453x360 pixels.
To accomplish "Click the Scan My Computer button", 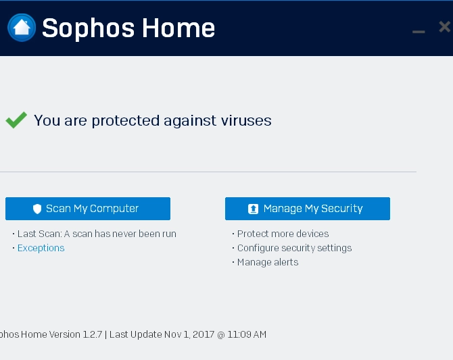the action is (x=88, y=209).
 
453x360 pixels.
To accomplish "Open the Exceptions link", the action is (x=41, y=248).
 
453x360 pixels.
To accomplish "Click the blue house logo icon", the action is (x=22, y=28).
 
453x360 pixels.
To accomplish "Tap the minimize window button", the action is (x=419, y=32).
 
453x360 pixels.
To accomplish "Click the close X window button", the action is (x=444, y=27).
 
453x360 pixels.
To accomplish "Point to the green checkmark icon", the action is (x=16, y=120).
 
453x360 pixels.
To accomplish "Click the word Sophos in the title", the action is (x=88, y=28).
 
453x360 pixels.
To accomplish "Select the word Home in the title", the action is (x=178, y=28).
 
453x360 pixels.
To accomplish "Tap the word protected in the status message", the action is (x=126, y=121).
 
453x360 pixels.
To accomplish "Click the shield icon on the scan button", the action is (x=37, y=209).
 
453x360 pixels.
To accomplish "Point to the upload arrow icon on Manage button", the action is (x=253, y=209).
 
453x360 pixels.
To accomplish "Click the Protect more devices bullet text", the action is (x=283, y=234).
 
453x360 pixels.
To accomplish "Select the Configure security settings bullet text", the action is (x=294, y=248).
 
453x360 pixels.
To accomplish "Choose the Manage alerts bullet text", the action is (x=268, y=262).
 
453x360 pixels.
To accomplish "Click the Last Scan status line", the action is (x=97, y=234).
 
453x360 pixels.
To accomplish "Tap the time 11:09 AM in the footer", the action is (x=247, y=334).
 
